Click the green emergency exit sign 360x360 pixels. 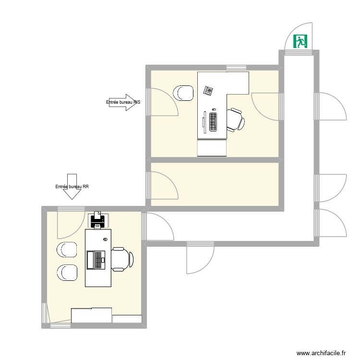301,41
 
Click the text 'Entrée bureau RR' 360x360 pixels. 72,187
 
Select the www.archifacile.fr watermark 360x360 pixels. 322,353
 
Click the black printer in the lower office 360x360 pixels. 98,221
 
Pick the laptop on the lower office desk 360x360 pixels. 96,260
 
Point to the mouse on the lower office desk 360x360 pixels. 105,239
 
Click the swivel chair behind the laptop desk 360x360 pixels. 122,259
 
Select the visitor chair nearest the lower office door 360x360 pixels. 67,250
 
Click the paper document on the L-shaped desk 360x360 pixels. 208,90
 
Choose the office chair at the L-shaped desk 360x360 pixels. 235,120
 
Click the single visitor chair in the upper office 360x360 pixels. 183,93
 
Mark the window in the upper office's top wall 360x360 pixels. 236,67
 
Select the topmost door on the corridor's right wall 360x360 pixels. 330,106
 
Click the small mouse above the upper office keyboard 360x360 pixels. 214,109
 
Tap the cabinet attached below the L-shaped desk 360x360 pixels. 212,148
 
